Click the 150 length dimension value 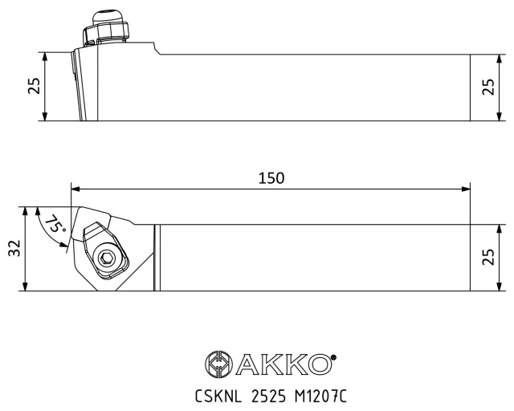pyautogui.click(x=271, y=178)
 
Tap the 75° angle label pyautogui.click(x=55, y=224)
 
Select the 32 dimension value pyautogui.click(x=14, y=248)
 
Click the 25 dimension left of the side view pyautogui.click(x=34, y=86)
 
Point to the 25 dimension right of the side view pyautogui.click(x=488, y=87)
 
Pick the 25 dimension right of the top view pyautogui.click(x=488, y=257)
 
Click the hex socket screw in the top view pyautogui.click(x=106, y=258)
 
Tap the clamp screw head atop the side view pyautogui.click(x=105, y=29)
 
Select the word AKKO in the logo pyautogui.click(x=283, y=364)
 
